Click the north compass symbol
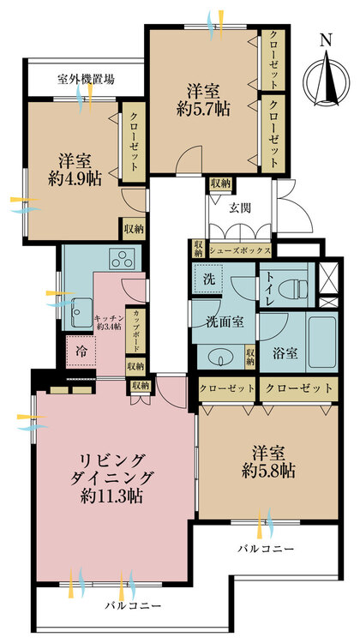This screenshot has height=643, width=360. click(x=327, y=78)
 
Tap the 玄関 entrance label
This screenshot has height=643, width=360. click(x=239, y=208)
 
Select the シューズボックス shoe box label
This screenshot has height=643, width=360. click(x=240, y=249)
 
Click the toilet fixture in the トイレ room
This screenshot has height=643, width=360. click(x=293, y=289)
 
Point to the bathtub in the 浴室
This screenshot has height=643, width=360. click(x=321, y=342)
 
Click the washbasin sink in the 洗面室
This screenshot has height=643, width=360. click(x=221, y=358)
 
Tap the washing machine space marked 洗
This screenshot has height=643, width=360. click(x=208, y=279)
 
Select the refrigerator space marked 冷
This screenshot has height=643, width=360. click(x=81, y=351)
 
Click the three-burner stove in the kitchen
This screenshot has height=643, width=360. click(x=123, y=259)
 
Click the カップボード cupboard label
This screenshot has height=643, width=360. click(x=134, y=331)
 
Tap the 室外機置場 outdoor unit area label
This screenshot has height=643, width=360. click(x=85, y=80)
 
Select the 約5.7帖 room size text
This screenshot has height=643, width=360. click(x=203, y=109)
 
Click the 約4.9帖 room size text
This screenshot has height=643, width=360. click(x=75, y=179)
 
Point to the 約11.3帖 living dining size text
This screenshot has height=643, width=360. click(x=111, y=496)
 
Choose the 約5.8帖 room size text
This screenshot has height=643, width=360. click(x=268, y=472)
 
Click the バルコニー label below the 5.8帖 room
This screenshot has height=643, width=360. click(x=266, y=549)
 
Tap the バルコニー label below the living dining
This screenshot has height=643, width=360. click(x=133, y=605)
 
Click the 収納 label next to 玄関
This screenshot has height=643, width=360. click(x=220, y=183)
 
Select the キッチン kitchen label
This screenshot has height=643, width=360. click(x=108, y=318)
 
